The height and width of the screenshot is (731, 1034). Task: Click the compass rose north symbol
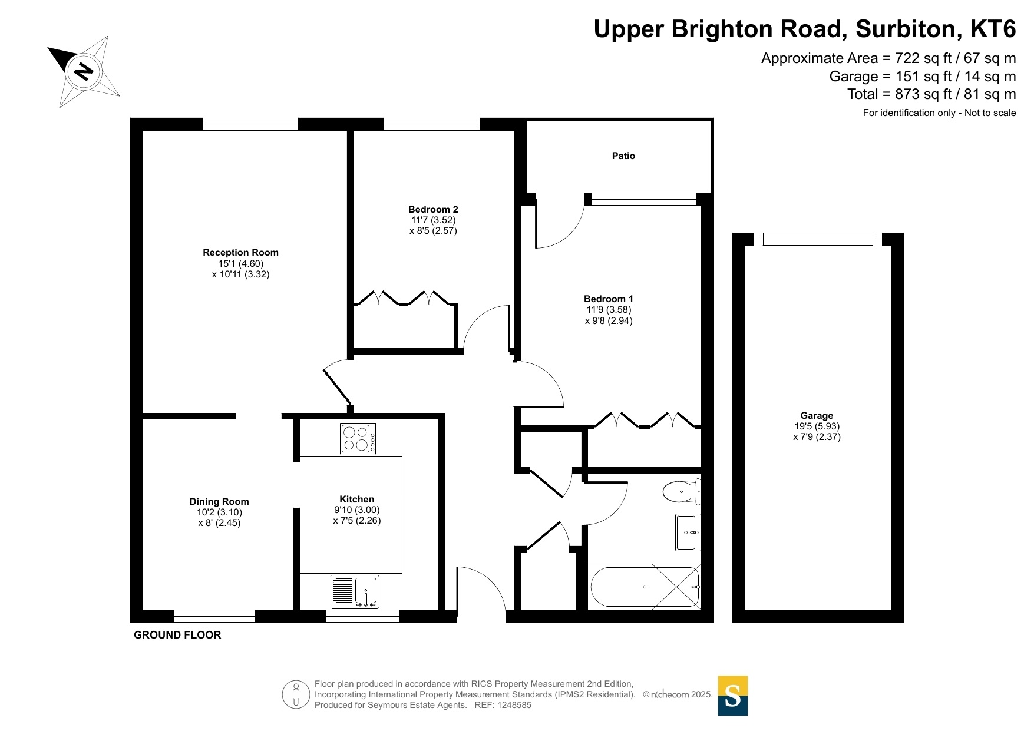coord(84,72)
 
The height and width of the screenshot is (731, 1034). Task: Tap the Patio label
coord(623,156)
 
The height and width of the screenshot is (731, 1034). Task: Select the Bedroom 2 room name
coord(433,210)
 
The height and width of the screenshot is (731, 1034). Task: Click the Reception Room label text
coord(240,253)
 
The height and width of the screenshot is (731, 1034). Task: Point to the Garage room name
coord(817,415)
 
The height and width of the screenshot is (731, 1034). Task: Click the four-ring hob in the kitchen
coord(358,438)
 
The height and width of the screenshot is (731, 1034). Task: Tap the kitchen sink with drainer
coord(355,592)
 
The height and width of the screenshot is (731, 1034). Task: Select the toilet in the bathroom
coord(682,491)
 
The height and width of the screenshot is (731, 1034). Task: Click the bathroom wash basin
coord(688,532)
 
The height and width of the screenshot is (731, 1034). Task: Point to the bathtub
coord(645,587)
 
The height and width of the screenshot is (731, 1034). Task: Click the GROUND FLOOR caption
coord(177,635)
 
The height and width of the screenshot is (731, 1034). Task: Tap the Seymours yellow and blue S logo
coord(733,696)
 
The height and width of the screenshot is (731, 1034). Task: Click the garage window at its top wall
coord(818,239)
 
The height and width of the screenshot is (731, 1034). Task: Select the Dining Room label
coord(219,502)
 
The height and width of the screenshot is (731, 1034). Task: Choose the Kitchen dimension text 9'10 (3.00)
coord(357,510)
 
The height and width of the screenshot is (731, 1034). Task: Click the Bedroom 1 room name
coord(609,299)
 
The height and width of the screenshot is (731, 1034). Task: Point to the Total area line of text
coord(931,94)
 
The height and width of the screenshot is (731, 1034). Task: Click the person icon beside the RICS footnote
coord(296,694)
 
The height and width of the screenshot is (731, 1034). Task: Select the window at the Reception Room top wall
coord(251,124)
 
